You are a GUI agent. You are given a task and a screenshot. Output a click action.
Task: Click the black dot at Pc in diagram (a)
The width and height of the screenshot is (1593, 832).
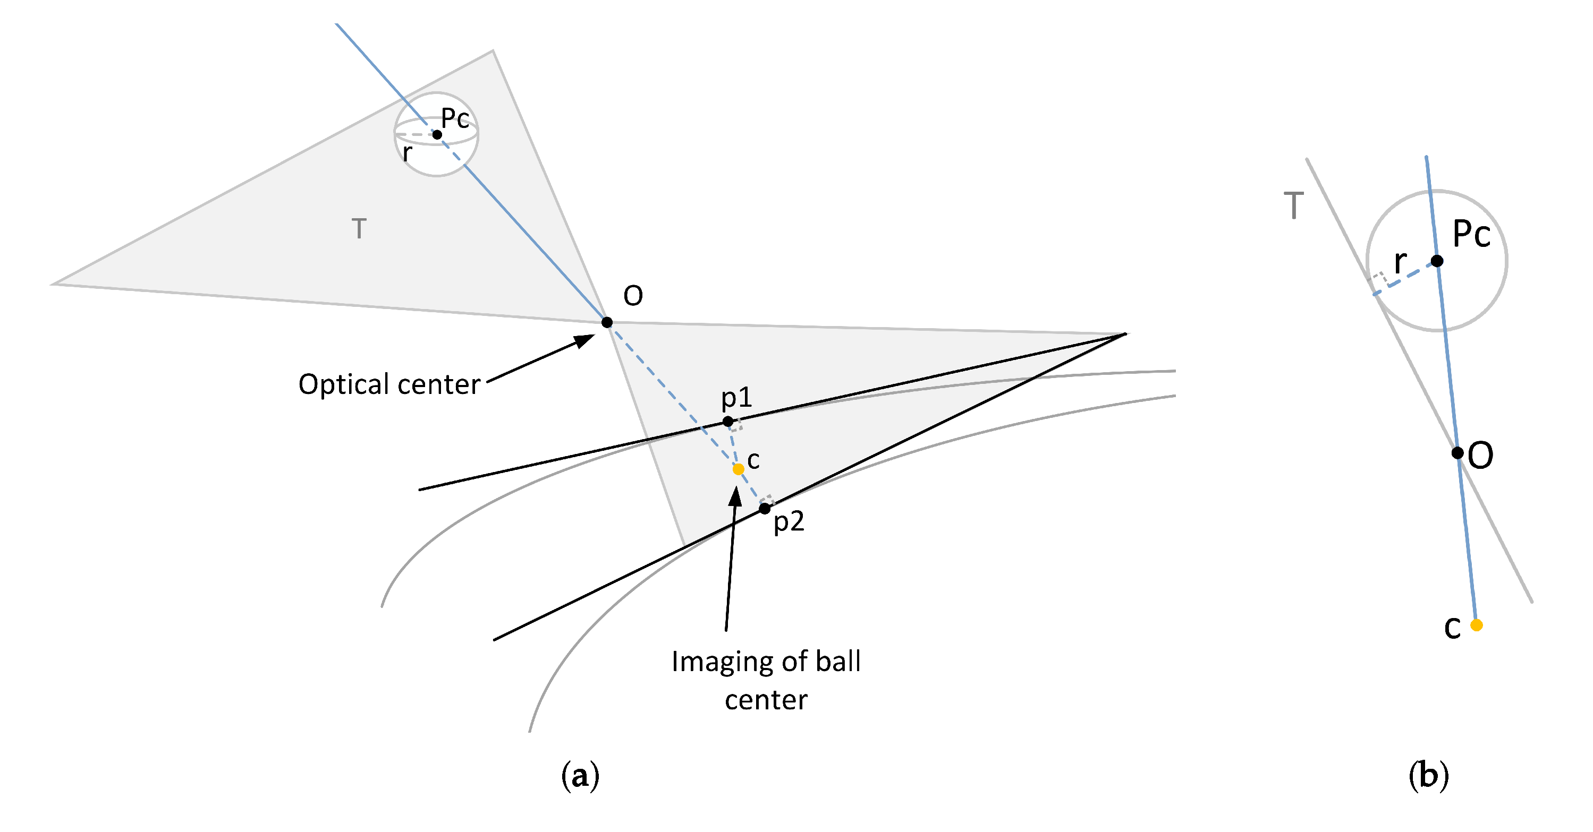[x=437, y=134]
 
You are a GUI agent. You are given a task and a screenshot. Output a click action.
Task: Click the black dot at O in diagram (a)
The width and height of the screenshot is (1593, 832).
[x=607, y=322]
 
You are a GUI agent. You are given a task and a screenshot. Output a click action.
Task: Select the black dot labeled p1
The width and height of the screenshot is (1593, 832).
[x=728, y=422]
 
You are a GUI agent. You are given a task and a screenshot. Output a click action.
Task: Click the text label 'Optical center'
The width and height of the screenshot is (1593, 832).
[x=389, y=384]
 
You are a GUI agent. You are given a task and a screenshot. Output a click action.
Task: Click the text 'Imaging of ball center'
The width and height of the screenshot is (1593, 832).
[x=766, y=680]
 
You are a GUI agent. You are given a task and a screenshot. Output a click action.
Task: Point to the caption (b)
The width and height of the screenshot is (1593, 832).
[x=1428, y=775]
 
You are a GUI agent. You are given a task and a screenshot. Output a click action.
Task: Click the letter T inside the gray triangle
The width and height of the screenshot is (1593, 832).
[x=359, y=229]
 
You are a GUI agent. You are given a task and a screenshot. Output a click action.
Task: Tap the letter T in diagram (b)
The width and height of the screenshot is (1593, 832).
[x=1293, y=205]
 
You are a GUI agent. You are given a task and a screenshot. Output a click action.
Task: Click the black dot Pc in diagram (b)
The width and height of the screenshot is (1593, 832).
[x=1437, y=261]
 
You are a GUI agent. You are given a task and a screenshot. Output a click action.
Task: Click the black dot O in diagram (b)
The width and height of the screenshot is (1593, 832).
[x=1457, y=453]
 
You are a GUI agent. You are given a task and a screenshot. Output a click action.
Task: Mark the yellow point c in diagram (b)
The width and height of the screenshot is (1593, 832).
[x=1476, y=625]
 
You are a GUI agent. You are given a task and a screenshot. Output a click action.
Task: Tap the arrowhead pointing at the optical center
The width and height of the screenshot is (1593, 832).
[x=584, y=340]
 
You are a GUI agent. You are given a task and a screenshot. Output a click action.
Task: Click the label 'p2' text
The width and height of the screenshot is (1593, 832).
[x=789, y=522]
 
